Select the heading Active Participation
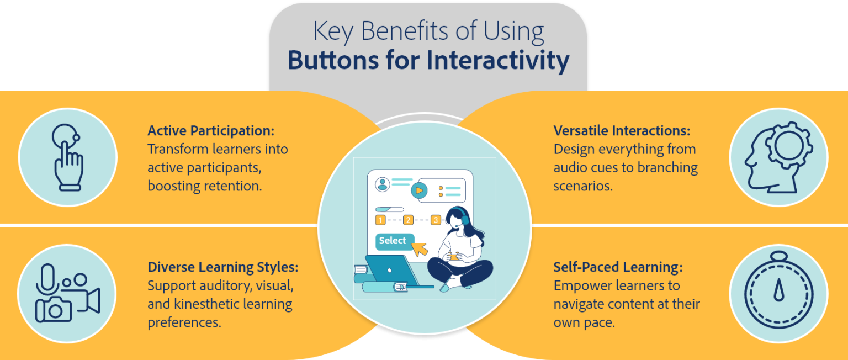pos(211,131)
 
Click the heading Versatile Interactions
pos(622,131)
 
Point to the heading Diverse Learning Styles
pos(223,267)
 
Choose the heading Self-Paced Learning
pos(618,267)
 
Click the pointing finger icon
pos(67,157)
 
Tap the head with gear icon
pos(778,157)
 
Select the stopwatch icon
pos(778,289)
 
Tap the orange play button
pos(419,190)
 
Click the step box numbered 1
pos(380,220)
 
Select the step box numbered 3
pos(436,220)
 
